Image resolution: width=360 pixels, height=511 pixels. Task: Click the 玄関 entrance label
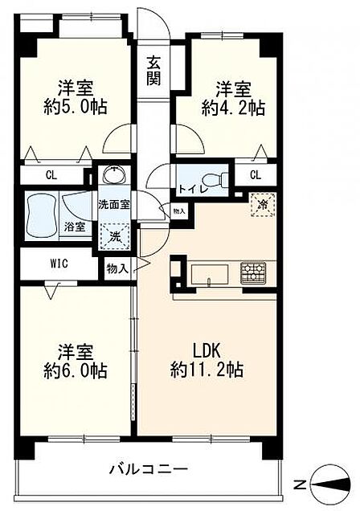(153, 71)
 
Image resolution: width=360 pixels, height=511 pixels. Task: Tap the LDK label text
(207, 351)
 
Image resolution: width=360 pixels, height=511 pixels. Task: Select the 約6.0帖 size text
(76, 370)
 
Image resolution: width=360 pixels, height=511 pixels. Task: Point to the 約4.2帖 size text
(233, 108)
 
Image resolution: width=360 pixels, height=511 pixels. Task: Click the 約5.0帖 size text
(76, 106)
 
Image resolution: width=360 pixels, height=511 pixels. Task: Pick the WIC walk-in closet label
(59, 264)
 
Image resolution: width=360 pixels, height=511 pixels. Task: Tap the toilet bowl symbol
(215, 179)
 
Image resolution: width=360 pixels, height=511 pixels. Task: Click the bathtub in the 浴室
(41, 215)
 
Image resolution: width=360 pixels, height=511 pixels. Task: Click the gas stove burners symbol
(253, 272)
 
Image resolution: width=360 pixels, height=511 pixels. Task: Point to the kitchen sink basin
(210, 274)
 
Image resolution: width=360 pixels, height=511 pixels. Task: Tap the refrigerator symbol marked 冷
(263, 205)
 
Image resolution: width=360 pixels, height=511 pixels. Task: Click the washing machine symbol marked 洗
(114, 237)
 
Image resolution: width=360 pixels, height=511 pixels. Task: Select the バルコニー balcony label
(149, 469)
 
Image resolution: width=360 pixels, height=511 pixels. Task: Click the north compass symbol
(331, 485)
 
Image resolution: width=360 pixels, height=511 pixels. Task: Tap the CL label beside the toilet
(256, 175)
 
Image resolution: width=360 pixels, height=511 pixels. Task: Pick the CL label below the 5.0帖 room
(51, 175)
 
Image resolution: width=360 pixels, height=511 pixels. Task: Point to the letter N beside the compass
(300, 485)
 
